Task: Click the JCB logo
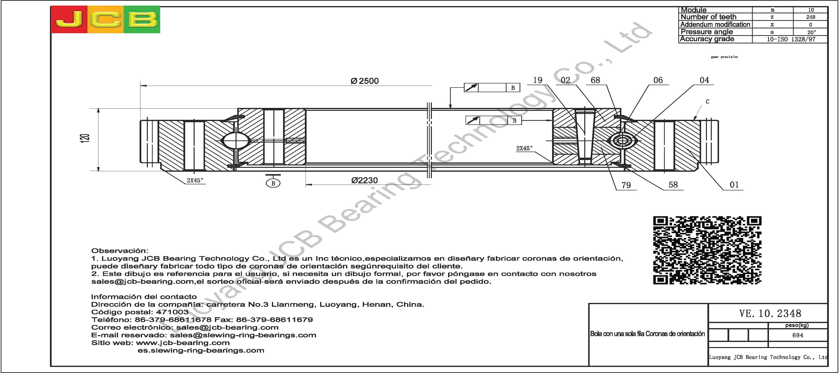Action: (x=105, y=20)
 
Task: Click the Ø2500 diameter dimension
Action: (x=364, y=81)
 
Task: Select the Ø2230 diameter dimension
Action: (x=364, y=180)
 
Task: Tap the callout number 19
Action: (x=538, y=80)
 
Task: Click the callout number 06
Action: (x=658, y=80)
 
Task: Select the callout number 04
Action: (x=704, y=80)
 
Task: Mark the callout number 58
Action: (x=673, y=185)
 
